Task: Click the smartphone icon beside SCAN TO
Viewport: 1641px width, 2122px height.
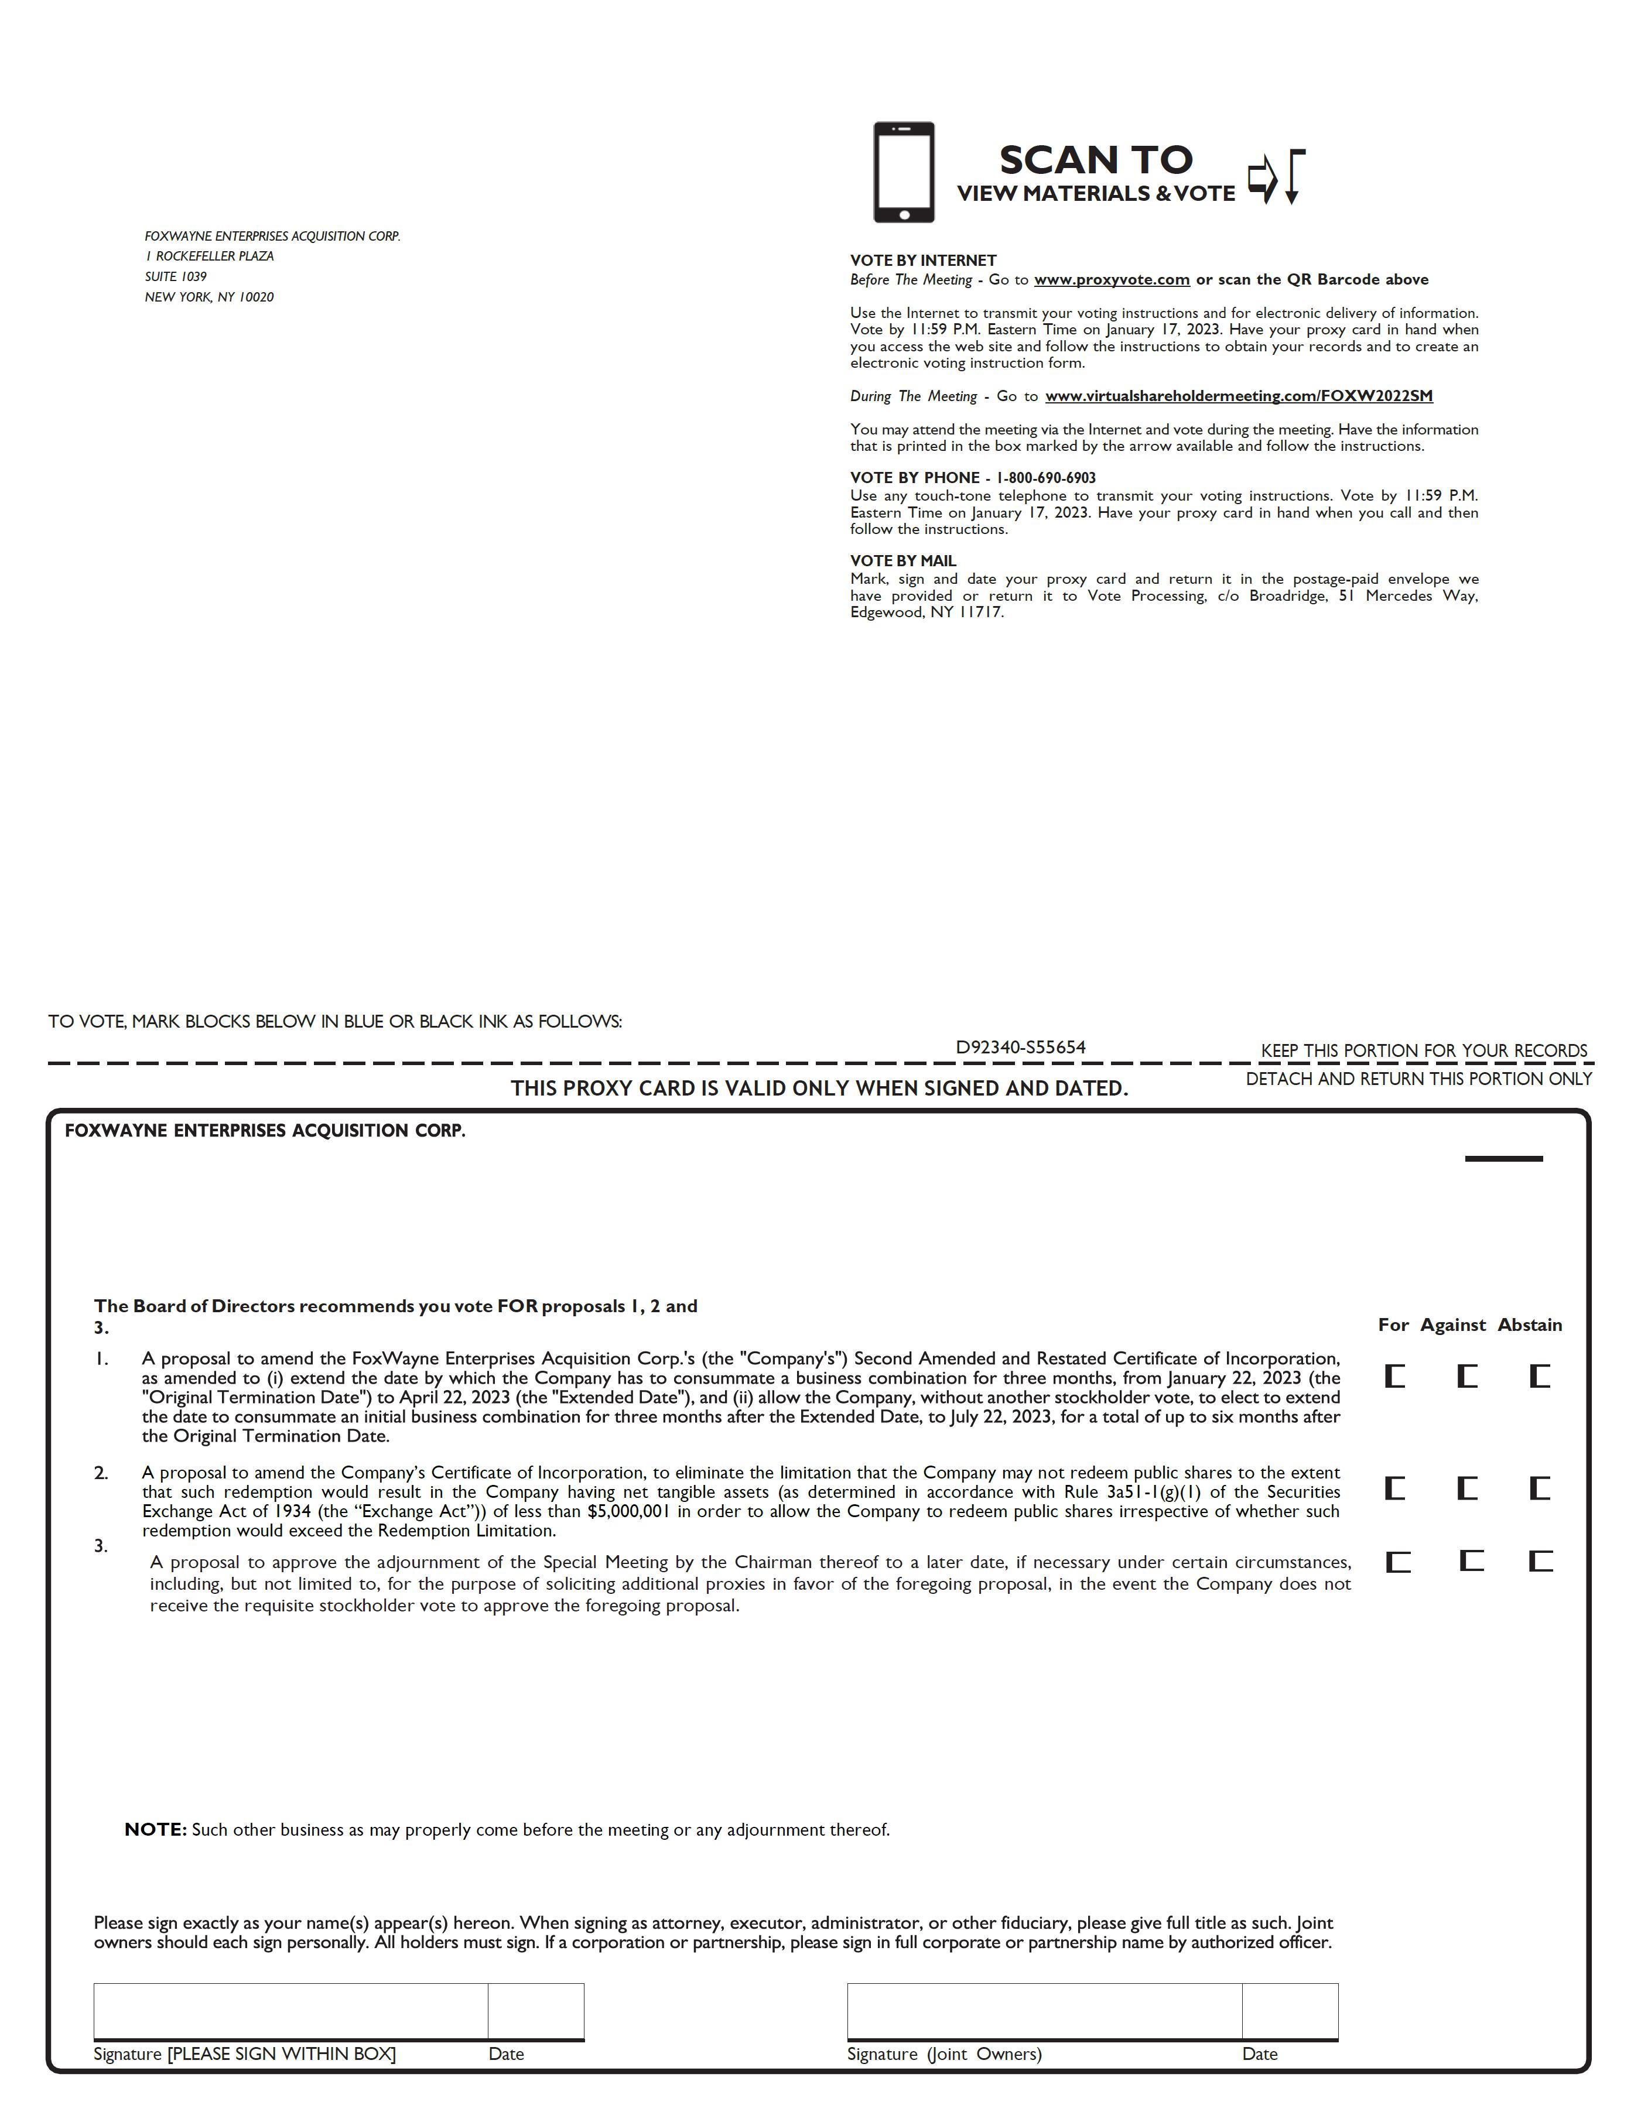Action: click(902, 172)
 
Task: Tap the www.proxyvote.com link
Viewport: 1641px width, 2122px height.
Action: click(1112, 280)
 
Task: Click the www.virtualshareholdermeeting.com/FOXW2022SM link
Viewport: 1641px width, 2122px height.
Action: click(1239, 396)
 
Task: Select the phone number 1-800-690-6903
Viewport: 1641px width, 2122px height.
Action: click(1047, 478)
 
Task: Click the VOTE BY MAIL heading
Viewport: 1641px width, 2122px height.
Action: click(902, 560)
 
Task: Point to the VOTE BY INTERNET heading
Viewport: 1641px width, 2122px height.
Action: click(923, 261)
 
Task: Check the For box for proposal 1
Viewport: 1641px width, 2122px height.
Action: click(1395, 1376)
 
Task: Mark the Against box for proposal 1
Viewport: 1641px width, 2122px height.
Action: click(1467, 1376)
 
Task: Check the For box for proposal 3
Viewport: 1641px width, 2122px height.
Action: click(1397, 1562)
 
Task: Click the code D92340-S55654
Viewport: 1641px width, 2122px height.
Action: click(1020, 1048)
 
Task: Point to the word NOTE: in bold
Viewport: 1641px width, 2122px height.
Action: click(155, 1830)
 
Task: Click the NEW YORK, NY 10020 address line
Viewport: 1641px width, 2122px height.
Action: click(209, 297)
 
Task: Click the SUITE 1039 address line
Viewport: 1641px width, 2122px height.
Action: click(176, 277)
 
